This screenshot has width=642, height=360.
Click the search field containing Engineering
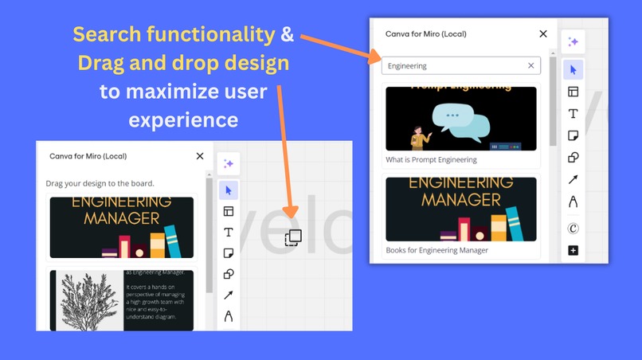point(454,66)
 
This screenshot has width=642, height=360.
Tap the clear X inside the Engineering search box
point(531,66)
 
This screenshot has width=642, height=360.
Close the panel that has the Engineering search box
point(543,34)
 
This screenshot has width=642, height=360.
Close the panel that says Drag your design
point(200,156)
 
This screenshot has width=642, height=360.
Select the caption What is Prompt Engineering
point(431,159)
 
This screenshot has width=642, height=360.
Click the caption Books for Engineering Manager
point(436,250)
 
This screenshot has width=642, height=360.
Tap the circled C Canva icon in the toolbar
point(573,228)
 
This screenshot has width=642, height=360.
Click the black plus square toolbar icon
point(573,251)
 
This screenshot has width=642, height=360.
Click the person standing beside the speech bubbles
point(417,135)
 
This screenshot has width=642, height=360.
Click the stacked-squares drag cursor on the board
point(293,237)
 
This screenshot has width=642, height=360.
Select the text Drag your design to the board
point(100,183)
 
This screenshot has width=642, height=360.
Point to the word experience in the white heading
point(183,120)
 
